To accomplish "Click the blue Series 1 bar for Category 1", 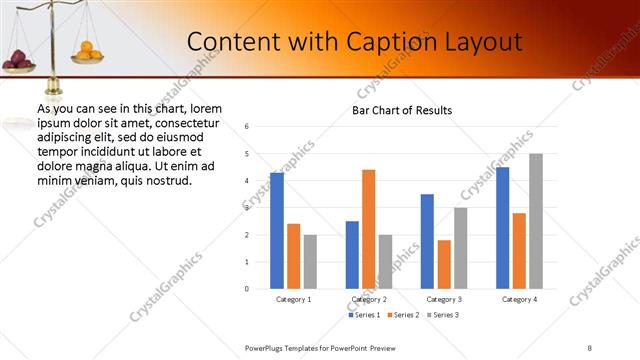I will pos(277,231).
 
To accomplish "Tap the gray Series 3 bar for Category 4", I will pos(536,221).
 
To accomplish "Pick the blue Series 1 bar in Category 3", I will pos(427,241).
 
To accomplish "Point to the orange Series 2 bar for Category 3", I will pos(444,264).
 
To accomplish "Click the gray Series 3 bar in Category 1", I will pos(310,261).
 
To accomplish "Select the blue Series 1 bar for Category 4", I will pos(502,228).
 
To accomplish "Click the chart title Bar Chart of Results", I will pos(402,110).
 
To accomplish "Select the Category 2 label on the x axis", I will pos(369,299).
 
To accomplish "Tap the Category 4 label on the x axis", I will pos(519,299).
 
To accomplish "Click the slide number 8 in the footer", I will pos(590,347).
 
